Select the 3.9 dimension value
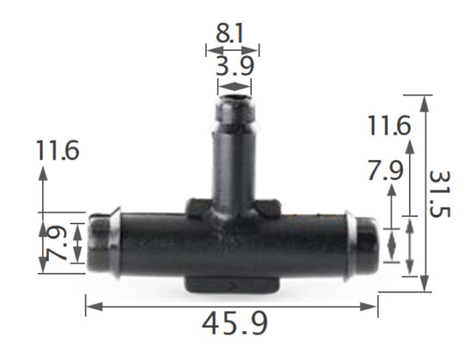(x=234, y=66)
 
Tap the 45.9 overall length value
(x=234, y=323)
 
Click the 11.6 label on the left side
(x=57, y=151)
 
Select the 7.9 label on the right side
(x=385, y=171)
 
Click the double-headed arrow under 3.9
(x=234, y=86)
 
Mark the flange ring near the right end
(x=349, y=243)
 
